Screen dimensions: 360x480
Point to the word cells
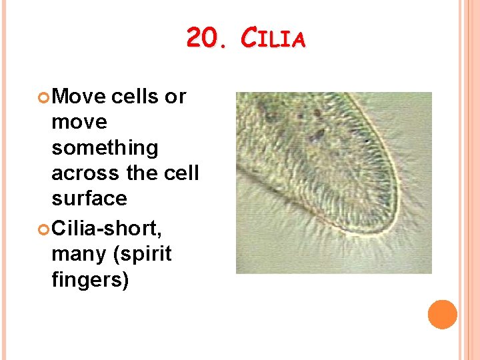tap(135, 97)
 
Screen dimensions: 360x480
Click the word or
tap(175, 97)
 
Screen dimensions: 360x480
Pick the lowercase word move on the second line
tap(79, 123)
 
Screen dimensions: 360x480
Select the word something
tap(105, 148)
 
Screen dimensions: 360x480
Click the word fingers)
tap(90, 280)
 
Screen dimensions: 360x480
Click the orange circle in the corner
tap(443, 315)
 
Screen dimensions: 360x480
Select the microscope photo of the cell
tap(334, 183)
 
